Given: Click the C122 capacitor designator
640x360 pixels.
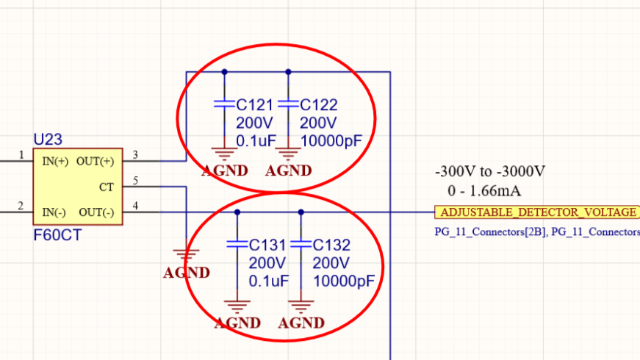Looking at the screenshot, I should [x=319, y=106].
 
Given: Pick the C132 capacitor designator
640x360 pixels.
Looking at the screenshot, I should [x=332, y=245].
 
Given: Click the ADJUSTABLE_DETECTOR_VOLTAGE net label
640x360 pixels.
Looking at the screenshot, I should [x=538, y=212].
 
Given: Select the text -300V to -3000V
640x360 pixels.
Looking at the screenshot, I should [x=489, y=173].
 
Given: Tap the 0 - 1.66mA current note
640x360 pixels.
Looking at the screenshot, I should [x=484, y=192].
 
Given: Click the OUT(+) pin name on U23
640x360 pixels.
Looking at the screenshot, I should [x=96, y=161].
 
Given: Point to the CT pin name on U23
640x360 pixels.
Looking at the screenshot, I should [x=107, y=187].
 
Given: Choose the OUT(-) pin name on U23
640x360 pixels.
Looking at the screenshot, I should [x=96, y=212].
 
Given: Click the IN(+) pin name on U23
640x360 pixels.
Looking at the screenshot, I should [x=56, y=161].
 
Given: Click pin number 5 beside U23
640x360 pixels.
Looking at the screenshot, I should [x=135, y=181].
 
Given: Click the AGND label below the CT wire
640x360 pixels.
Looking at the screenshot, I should [x=187, y=273].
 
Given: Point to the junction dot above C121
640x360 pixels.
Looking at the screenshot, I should [x=224, y=72].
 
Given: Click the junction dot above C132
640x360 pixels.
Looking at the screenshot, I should [x=301, y=212].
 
